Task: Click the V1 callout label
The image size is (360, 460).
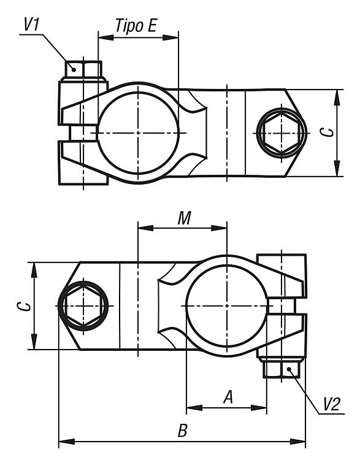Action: pyautogui.click(x=31, y=25)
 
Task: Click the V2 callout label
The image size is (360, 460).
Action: pyautogui.click(x=332, y=404)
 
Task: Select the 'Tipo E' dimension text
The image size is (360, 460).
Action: pyautogui.click(x=136, y=26)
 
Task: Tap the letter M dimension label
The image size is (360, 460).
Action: pyautogui.click(x=184, y=218)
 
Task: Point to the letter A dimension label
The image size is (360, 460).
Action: pyautogui.click(x=228, y=397)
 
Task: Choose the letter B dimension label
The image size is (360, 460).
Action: pyautogui.click(x=183, y=431)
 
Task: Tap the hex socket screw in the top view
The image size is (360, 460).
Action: pyautogui.click(x=281, y=133)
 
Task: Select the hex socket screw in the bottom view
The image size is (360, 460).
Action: pyautogui.click(x=83, y=306)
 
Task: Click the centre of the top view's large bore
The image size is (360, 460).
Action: pyautogui.click(x=138, y=133)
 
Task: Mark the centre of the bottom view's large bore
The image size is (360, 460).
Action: pyautogui.click(x=227, y=306)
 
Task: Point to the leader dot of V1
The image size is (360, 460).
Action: pyautogui.click(x=74, y=69)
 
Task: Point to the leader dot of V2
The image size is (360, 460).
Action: pyautogui.click(x=289, y=369)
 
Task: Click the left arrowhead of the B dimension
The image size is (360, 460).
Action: pyautogui.click(x=67, y=441)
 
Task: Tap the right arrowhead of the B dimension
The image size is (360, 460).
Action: pyautogui.click(x=297, y=441)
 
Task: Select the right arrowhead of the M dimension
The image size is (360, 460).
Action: pyautogui.click(x=219, y=228)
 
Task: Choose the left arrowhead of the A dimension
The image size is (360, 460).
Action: pyautogui.click(x=194, y=407)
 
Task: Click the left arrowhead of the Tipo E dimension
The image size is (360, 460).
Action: pyautogui.click(x=106, y=37)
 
